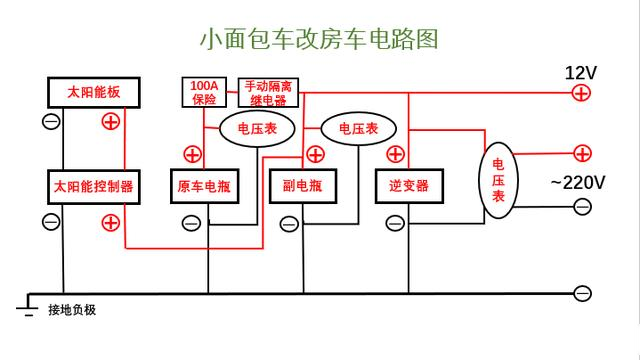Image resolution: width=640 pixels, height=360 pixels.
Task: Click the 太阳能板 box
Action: pyautogui.click(x=93, y=92)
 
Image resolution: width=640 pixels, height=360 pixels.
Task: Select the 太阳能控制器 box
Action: pyautogui.click(x=93, y=186)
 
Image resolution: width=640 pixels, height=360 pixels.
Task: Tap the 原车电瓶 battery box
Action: pyautogui.click(x=208, y=186)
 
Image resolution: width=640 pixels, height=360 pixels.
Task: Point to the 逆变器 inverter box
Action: pyautogui.click(x=408, y=186)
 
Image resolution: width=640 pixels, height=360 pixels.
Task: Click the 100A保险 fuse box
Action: pyautogui.click(x=204, y=92)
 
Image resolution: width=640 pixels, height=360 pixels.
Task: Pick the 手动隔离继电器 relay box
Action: pyautogui.click(x=270, y=92)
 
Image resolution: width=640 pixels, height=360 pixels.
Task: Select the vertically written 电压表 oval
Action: pyautogui.click(x=498, y=182)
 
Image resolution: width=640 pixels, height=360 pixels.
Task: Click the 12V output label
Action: pyautogui.click(x=581, y=73)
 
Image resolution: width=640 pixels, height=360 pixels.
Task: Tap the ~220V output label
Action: pyautogui.click(x=577, y=182)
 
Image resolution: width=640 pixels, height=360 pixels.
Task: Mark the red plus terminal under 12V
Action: pyautogui.click(x=581, y=93)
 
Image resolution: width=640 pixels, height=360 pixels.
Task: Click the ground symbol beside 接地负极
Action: pyautogui.click(x=26, y=306)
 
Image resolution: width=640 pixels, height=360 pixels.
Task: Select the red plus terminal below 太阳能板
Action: pyautogui.click(x=111, y=121)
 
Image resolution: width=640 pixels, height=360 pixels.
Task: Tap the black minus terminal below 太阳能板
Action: pyautogui.click(x=51, y=121)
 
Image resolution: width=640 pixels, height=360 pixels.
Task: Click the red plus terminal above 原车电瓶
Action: pyautogui.click(x=192, y=154)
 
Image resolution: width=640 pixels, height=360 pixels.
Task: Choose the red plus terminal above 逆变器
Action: pyautogui.click(x=395, y=154)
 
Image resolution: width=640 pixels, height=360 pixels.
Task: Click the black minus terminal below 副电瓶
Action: pyautogui.click(x=288, y=223)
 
